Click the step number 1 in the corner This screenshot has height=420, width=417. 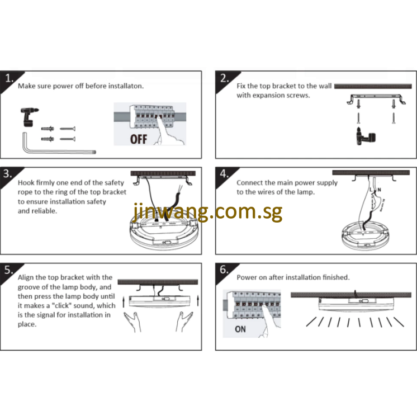coord(9,78)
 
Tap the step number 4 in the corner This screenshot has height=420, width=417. coord(224,173)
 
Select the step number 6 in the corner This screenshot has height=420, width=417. coord(224,269)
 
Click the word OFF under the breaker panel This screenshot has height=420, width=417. coord(139,139)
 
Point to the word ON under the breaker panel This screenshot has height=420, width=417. coord(240,329)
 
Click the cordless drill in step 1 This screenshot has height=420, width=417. coord(29,117)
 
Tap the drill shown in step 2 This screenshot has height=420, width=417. coord(366,136)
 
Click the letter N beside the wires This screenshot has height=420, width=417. coord(379,190)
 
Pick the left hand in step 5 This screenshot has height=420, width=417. coord(133,322)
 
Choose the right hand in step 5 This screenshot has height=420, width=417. coord(184,322)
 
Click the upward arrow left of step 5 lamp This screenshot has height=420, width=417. coord(124,301)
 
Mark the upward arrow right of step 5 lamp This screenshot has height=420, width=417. coord(198,300)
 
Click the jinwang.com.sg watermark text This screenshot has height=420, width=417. coord(207,211)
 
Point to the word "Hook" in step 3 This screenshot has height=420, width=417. coord(26,183)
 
